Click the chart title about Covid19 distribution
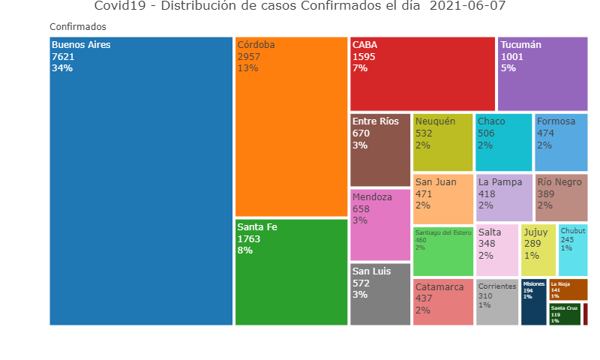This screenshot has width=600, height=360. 300,7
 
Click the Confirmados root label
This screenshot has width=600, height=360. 78,27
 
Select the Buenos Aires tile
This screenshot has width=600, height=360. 141,181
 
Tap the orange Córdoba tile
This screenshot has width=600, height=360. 291,127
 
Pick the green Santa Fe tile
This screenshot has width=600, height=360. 291,272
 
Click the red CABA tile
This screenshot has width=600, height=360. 422,73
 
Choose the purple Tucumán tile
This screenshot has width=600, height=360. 542,73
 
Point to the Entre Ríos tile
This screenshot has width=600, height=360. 380,150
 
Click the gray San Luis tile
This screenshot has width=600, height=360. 380,294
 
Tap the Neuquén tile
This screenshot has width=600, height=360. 442,142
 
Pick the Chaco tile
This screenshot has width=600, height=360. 503,142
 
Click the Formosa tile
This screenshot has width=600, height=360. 561,142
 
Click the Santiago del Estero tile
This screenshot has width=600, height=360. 442,250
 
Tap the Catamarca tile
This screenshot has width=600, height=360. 442,301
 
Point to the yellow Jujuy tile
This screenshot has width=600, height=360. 538,250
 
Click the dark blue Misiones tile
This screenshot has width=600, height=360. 533,301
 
